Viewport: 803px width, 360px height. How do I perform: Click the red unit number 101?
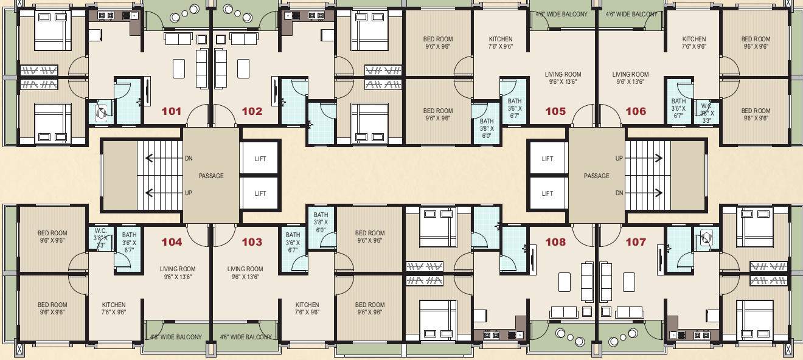click(x=172, y=111)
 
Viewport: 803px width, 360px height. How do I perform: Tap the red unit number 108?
click(x=555, y=242)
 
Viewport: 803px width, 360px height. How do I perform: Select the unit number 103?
click(x=252, y=242)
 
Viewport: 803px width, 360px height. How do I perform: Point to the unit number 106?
click(x=636, y=111)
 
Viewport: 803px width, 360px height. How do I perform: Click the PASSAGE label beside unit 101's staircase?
click(x=211, y=176)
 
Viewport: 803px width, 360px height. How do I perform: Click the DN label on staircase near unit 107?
click(x=619, y=193)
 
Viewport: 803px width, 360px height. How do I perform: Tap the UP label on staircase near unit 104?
click(x=189, y=193)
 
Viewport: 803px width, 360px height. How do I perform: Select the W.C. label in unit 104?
click(x=101, y=231)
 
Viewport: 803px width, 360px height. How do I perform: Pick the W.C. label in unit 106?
click(x=706, y=105)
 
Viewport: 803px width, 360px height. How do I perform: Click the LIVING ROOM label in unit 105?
click(x=563, y=75)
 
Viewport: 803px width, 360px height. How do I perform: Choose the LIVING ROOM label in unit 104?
click(x=178, y=269)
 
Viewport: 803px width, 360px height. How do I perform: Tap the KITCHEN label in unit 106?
click(x=693, y=39)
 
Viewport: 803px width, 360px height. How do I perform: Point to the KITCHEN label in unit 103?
click(x=307, y=305)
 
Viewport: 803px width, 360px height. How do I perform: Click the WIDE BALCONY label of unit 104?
click(x=176, y=337)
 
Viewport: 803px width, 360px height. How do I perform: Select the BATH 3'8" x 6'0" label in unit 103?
click(x=321, y=223)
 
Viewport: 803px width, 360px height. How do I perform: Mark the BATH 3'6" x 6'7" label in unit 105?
click(x=515, y=108)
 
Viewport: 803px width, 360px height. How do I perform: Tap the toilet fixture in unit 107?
click(x=706, y=238)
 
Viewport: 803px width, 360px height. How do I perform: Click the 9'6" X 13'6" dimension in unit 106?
click(x=630, y=81)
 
